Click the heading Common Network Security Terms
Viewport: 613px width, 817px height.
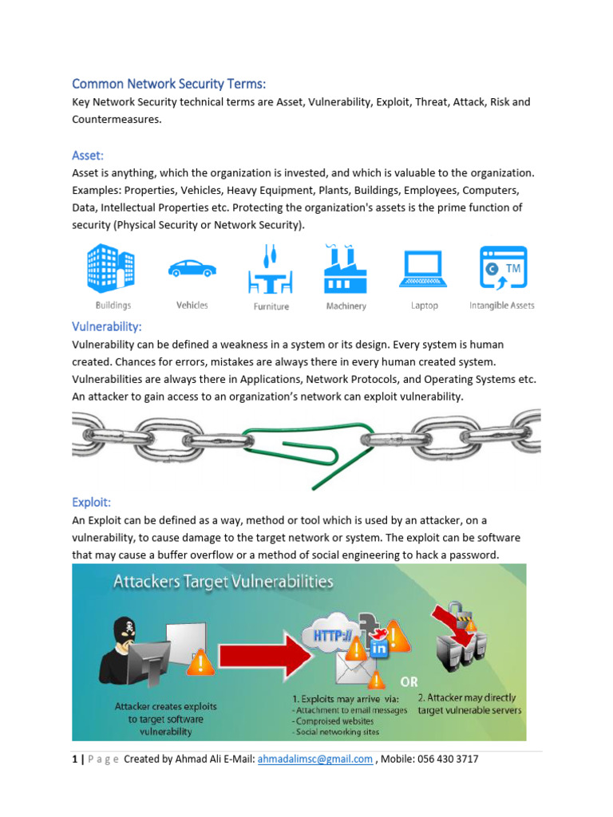tap(169, 84)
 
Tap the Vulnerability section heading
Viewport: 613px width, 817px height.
tap(107, 326)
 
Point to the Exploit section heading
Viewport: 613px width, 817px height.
tap(91, 503)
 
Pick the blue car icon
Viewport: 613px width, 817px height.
tap(192, 269)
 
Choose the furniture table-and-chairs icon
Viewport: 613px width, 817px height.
tap(271, 272)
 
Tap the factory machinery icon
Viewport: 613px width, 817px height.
tap(345, 269)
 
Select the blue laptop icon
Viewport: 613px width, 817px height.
tap(424, 270)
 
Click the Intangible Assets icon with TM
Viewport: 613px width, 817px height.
tap(502, 270)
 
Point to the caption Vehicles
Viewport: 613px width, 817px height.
tap(192, 305)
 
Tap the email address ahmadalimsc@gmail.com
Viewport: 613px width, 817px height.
tap(314, 759)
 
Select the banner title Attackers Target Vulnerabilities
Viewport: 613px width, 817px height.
tap(223, 582)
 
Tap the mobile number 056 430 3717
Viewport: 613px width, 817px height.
tap(443, 759)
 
